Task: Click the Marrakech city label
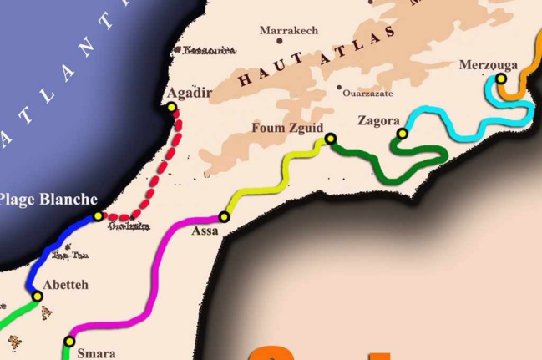289,30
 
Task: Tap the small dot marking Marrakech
280,40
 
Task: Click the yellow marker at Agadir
172,107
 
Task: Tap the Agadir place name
189,92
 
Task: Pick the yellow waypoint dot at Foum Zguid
331,139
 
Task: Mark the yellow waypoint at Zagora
402,134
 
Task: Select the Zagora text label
378,120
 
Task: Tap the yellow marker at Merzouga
501,79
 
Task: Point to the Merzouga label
489,64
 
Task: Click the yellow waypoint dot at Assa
224,216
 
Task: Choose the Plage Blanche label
48,200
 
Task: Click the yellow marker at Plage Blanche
98,216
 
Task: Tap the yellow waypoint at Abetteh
37,296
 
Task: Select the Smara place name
94,353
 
